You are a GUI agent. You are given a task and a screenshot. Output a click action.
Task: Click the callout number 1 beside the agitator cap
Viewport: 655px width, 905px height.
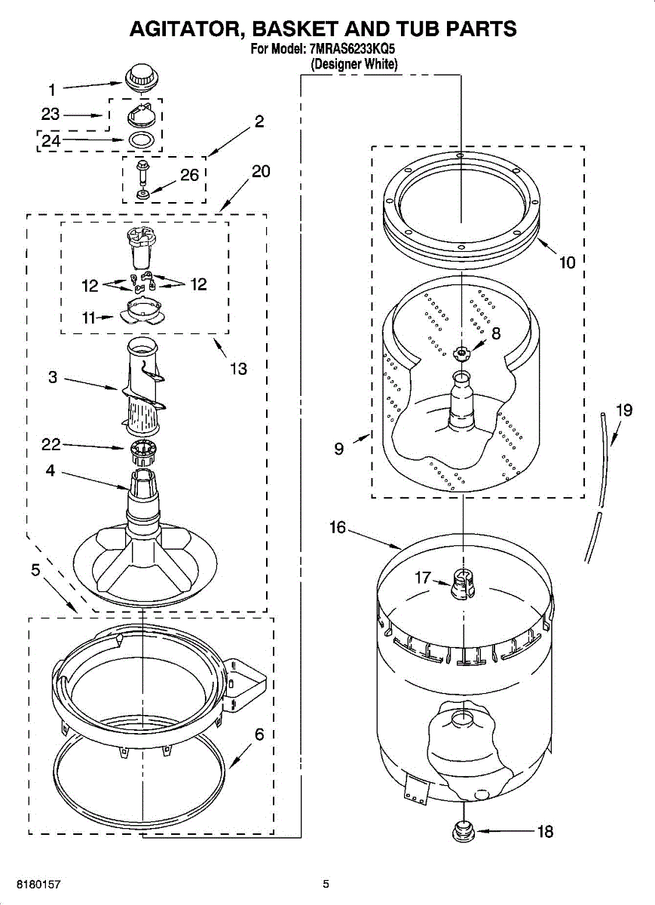tap(52, 90)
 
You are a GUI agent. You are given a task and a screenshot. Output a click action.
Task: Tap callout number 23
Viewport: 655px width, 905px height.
tap(51, 115)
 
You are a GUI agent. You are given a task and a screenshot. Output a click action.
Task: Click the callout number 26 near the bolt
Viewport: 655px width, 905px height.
tap(189, 175)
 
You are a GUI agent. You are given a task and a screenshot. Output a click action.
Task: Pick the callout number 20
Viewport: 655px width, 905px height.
tap(260, 171)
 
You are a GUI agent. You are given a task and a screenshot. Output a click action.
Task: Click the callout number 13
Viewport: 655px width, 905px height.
tap(238, 369)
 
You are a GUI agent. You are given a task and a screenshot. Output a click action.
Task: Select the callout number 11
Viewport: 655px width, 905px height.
tap(89, 318)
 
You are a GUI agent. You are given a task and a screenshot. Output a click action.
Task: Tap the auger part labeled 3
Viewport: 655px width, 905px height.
tap(143, 385)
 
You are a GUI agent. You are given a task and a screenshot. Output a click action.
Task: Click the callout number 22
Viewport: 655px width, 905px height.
tap(51, 446)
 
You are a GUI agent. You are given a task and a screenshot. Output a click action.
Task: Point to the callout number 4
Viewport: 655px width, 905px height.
tap(50, 471)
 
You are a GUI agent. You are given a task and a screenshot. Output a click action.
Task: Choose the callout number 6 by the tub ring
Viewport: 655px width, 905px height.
tap(259, 734)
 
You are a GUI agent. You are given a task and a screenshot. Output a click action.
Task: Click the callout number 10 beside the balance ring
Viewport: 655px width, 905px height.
tap(567, 262)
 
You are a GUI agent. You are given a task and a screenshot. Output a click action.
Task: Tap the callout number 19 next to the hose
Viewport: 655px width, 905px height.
tap(623, 410)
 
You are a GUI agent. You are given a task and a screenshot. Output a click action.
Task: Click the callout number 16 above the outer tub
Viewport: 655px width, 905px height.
tap(337, 527)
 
